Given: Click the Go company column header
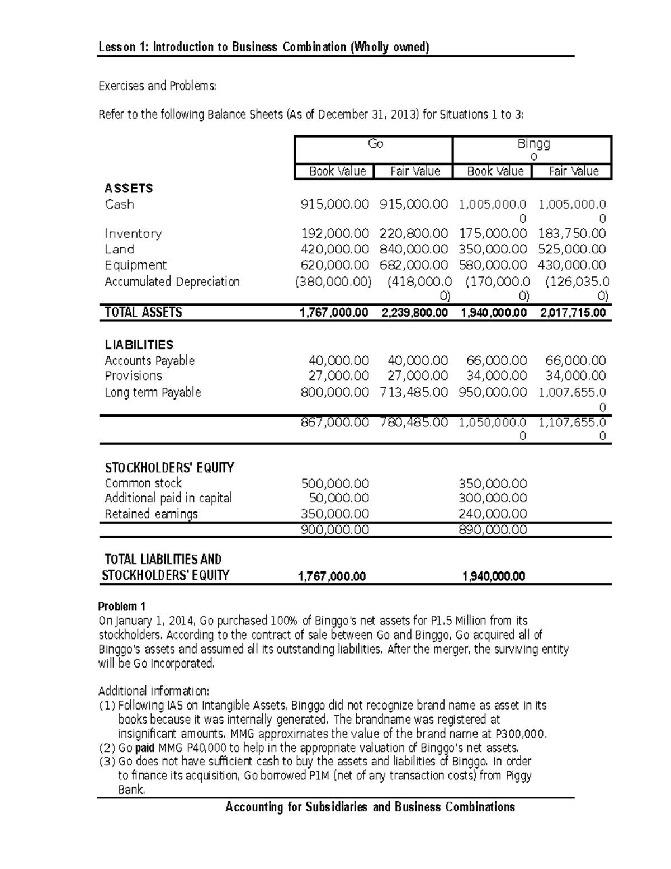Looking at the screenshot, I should click(x=375, y=144).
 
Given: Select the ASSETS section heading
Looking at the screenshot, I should click(x=129, y=189).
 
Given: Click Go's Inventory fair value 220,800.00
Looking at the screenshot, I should click(x=414, y=233).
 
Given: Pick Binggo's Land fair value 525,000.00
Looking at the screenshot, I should click(x=571, y=249).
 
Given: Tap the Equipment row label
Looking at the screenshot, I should click(x=136, y=265).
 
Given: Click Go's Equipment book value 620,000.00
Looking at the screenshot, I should click(x=335, y=265).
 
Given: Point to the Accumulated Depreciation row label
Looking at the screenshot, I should click(x=172, y=281).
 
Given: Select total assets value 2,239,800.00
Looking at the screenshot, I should click(x=414, y=313).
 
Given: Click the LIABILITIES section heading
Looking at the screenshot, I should click(x=139, y=345).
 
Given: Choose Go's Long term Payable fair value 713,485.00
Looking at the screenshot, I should click(x=414, y=392).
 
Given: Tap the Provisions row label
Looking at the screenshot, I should click(x=134, y=376).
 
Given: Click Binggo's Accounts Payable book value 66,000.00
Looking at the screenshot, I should click(x=496, y=361).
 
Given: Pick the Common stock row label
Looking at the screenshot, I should click(x=143, y=483).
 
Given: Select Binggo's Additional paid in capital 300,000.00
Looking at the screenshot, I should click(x=493, y=498).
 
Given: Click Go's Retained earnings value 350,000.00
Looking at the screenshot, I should click(x=335, y=514).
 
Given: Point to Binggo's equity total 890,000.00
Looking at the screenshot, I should click(x=493, y=529).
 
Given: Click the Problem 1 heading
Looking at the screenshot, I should click(x=122, y=607).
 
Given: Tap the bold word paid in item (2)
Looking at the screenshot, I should click(x=145, y=748).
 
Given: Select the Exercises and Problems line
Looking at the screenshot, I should click(x=157, y=86).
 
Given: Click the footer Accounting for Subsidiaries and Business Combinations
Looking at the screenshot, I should click(x=370, y=807).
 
